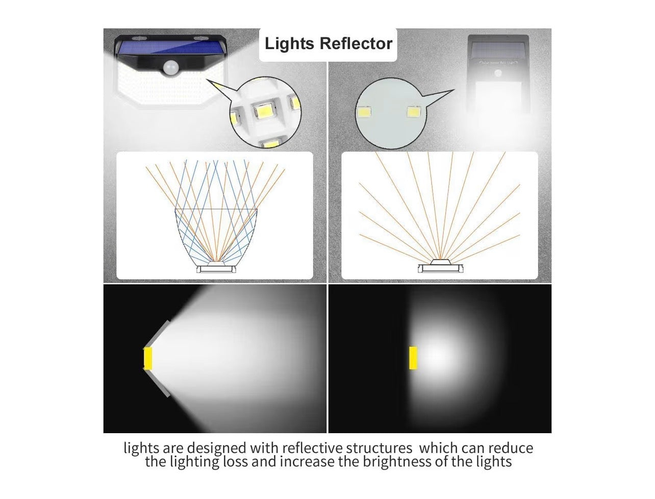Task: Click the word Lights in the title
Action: tap(289, 43)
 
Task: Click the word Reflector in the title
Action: tap(356, 43)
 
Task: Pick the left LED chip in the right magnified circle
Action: tap(364, 112)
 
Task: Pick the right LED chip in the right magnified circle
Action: tap(413, 112)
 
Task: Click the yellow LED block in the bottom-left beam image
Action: tap(148, 358)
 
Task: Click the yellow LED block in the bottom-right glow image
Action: tap(413, 358)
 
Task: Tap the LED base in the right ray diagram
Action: tap(440, 266)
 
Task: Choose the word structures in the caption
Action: tap(379, 448)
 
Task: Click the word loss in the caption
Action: tap(235, 461)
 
